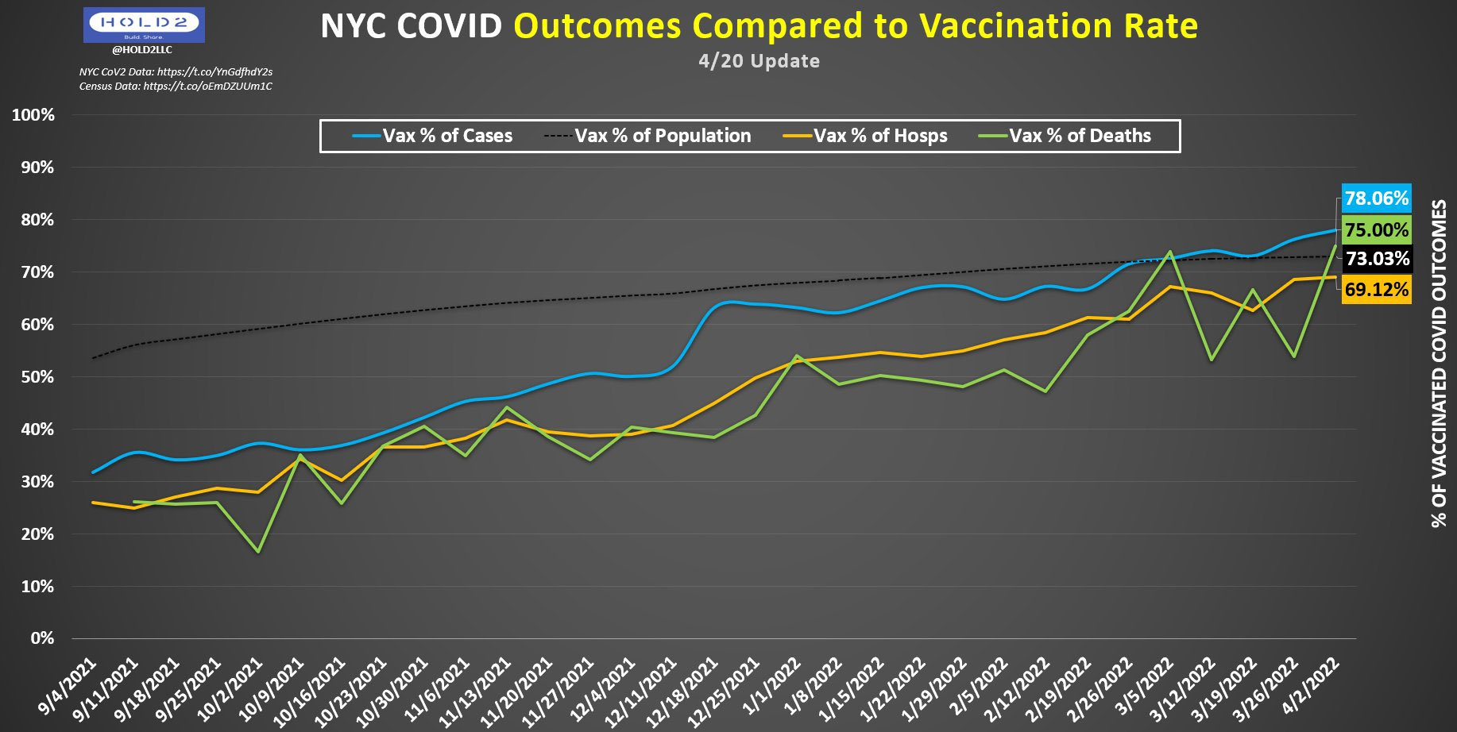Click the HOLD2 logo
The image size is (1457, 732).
[x=144, y=25]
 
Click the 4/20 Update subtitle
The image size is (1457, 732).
[x=759, y=61]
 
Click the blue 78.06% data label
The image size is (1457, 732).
[x=1376, y=198]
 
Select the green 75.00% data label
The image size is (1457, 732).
[x=1376, y=230]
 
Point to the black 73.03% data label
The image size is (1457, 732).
[x=1376, y=259]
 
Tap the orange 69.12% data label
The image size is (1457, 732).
[x=1376, y=289]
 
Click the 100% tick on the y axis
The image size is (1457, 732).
[x=33, y=115]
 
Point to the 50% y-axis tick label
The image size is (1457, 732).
[x=37, y=377]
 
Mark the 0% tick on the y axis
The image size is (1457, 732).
[x=42, y=638]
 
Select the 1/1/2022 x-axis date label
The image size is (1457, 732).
[x=773, y=684]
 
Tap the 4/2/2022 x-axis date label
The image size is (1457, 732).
[x=1311, y=684]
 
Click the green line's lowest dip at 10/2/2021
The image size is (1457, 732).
[x=258, y=551]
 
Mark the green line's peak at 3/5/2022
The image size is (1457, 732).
[x=1170, y=252]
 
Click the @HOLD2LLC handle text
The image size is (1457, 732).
[x=142, y=50]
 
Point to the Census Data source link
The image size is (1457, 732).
[x=176, y=86]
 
